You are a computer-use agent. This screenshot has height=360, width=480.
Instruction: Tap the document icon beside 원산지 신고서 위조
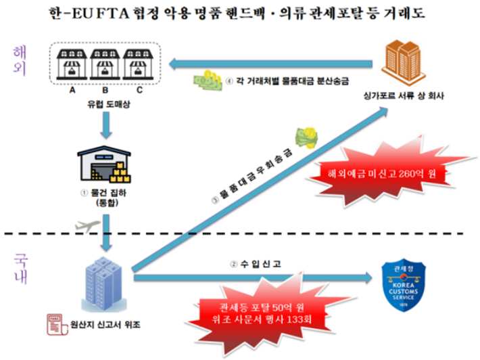coord(53,323)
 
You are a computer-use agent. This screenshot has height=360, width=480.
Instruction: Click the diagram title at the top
coord(240,14)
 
